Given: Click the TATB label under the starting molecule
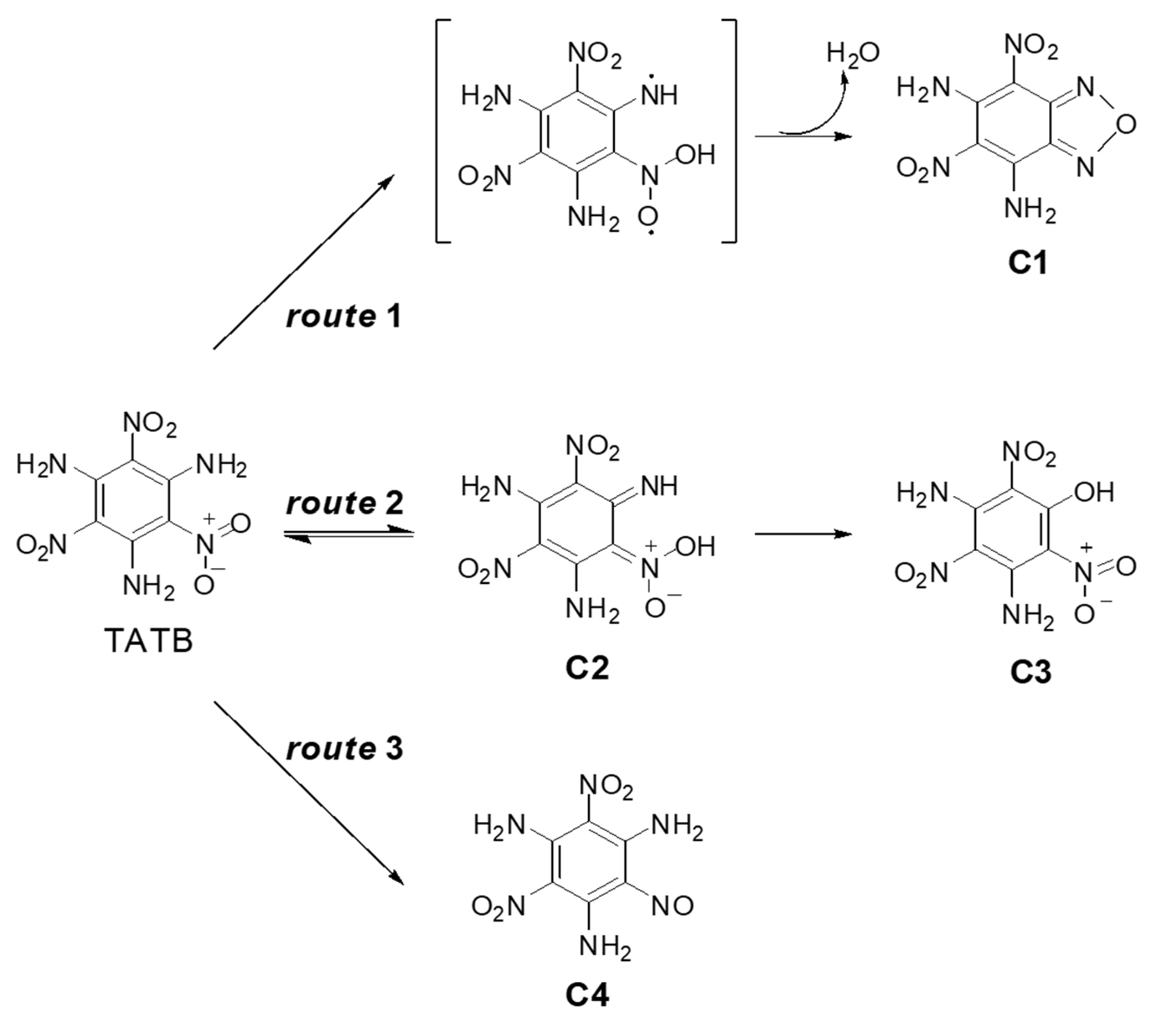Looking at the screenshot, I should click(149, 640).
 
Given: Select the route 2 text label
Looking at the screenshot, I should click(344, 502).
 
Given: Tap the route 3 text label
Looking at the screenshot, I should click(344, 749).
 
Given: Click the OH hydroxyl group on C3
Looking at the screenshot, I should click(1094, 493).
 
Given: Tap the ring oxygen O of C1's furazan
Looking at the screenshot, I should click(1126, 125).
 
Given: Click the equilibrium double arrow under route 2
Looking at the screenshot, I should click(349, 534).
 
